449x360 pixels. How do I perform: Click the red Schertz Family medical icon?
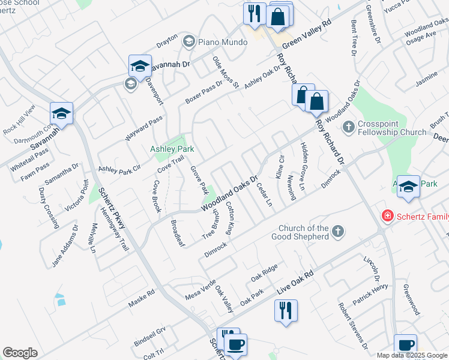click(388, 215)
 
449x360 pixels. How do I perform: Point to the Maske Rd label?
click(142, 299)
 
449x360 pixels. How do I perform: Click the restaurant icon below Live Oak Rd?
click(284, 310)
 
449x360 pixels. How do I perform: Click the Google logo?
click(20, 352)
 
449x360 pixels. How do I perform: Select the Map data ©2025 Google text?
click(411, 355)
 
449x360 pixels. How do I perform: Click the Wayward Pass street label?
click(143, 127)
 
